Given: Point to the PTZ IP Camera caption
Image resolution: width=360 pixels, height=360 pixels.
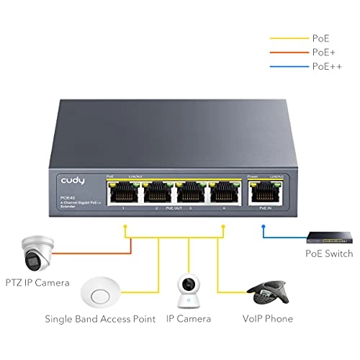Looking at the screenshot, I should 35,283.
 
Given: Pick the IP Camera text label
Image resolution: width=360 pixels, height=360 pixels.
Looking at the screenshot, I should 189,318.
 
